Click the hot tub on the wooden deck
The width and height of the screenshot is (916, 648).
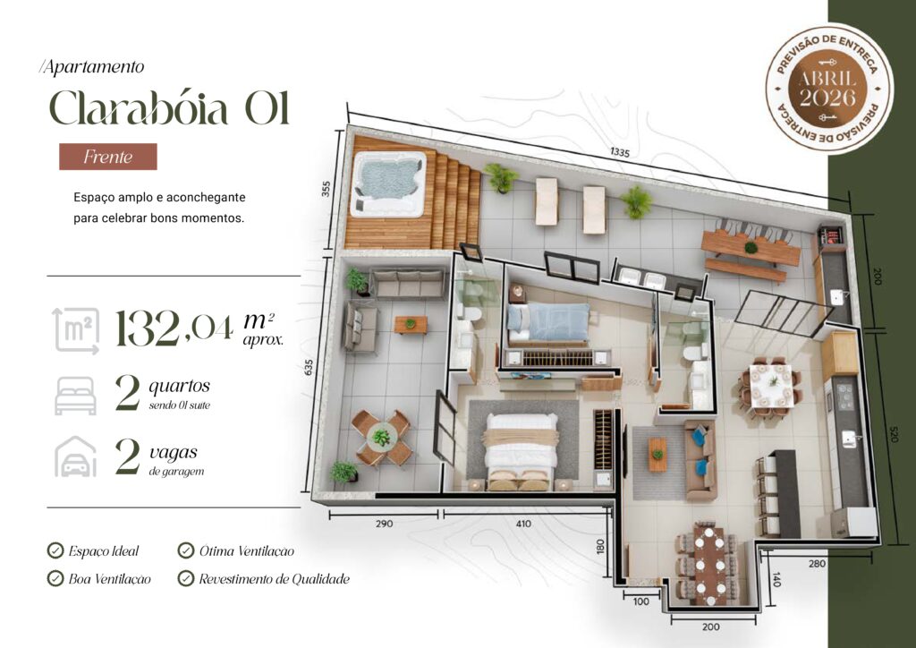click(x=388, y=183)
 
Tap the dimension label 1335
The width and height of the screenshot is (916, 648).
click(x=620, y=152)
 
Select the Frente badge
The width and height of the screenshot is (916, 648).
click(x=108, y=157)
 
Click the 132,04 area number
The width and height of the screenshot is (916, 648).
click(x=174, y=328)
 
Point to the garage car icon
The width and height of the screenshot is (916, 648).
click(x=76, y=456)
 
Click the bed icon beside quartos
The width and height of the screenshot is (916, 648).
click(x=75, y=396)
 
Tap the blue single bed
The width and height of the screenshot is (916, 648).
click(x=548, y=322)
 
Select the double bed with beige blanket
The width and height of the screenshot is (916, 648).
click(x=520, y=450)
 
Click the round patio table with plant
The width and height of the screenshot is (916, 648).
click(x=381, y=438)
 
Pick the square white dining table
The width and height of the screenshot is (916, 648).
click(x=772, y=386)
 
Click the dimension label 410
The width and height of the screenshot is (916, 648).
click(x=523, y=524)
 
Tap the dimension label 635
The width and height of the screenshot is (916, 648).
click(x=309, y=368)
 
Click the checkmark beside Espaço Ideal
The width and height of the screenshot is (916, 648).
click(x=55, y=550)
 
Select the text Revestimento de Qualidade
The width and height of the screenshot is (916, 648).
click(x=274, y=579)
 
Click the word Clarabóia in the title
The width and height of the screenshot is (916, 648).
click(x=139, y=108)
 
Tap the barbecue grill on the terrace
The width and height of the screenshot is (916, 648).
click(x=831, y=237)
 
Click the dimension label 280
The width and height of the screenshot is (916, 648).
click(x=817, y=563)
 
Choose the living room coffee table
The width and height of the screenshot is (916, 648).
click(x=657, y=454)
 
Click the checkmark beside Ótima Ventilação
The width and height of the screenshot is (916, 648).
click(x=186, y=550)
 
